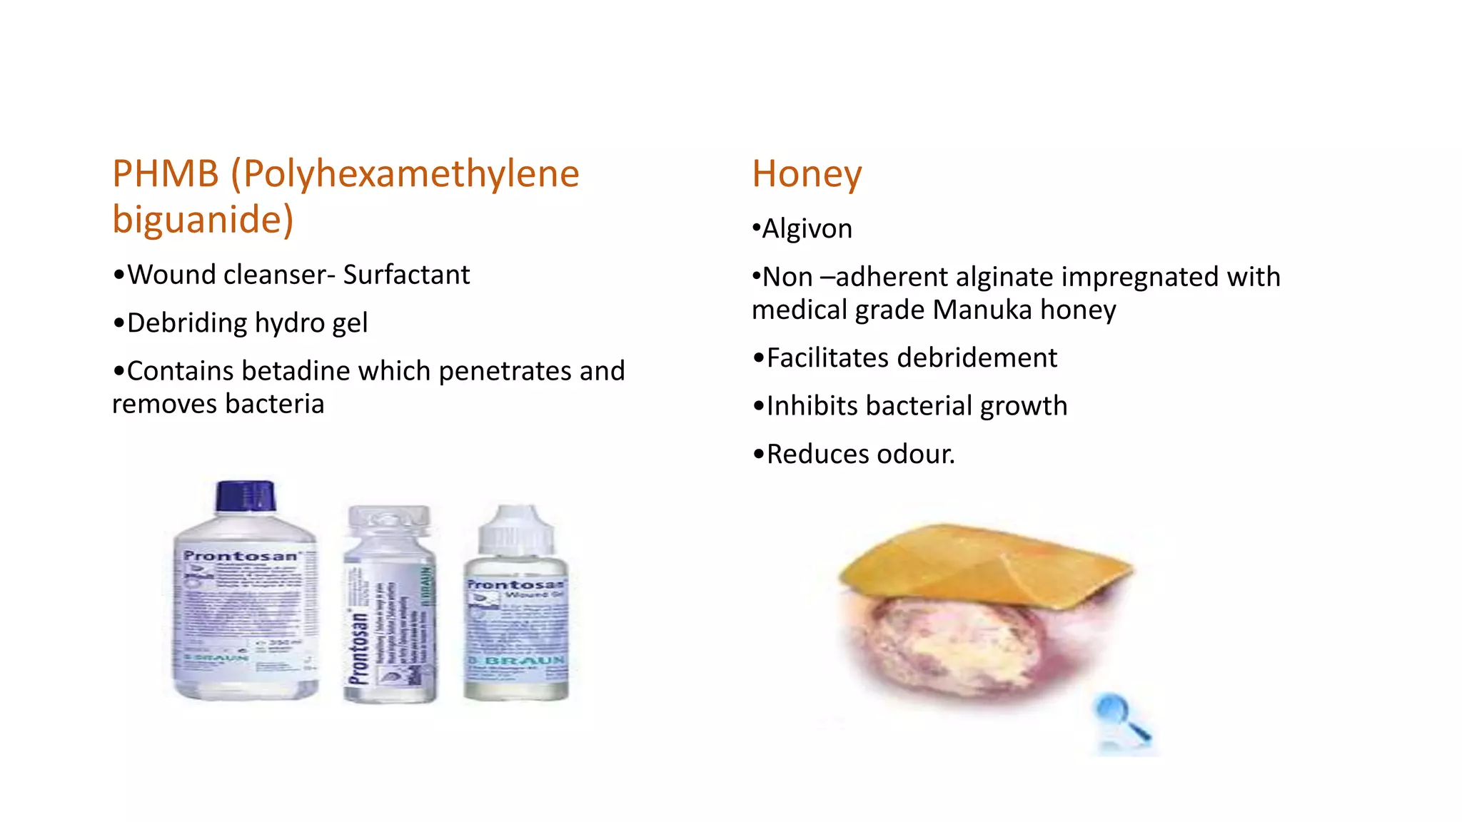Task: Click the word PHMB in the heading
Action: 166,174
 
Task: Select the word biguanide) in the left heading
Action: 203,220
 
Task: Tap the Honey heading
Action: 807,174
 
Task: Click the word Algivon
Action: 807,229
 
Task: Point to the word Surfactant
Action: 406,275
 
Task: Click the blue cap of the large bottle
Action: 245,495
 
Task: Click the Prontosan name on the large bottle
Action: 240,556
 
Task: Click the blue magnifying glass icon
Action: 1119,716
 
